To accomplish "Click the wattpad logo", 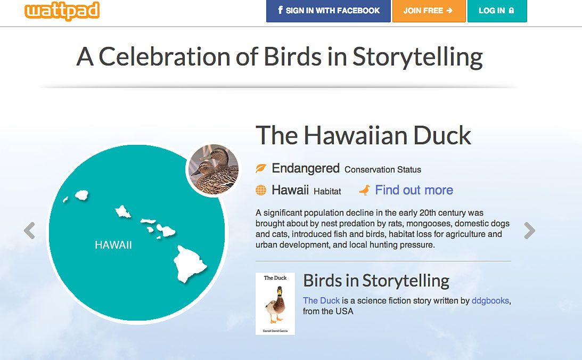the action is [62, 11].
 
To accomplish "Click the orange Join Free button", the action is [429, 11].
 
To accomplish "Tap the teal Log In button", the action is [497, 11].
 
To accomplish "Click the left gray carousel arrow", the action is [29, 231].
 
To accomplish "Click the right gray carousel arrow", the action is [530, 231].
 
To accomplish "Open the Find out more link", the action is [414, 190].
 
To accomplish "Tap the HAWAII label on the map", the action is [113, 245].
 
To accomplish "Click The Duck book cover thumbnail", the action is [275, 304].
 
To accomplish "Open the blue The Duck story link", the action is [321, 300].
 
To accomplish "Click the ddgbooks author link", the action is [490, 300].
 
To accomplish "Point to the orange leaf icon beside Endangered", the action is [261, 168].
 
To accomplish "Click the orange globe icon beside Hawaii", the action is [261, 191].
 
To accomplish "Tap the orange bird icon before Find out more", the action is [365, 190].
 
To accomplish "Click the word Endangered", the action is [306, 168].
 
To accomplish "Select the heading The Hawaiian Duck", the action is [363, 135].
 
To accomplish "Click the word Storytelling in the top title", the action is [417, 58].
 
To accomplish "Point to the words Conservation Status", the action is [383, 169].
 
